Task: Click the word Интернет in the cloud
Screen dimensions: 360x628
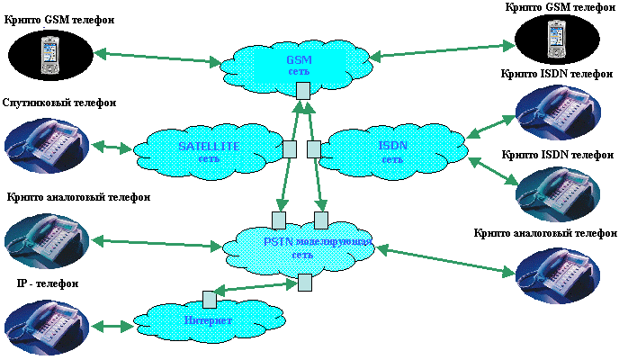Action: (x=208, y=320)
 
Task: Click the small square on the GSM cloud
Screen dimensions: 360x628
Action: (x=303, y=90)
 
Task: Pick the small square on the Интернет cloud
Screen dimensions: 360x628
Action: (x=209, y=298)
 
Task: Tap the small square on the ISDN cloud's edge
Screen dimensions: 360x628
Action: (x=314, y=148)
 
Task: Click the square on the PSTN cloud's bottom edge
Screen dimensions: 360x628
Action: (x=304, y=282)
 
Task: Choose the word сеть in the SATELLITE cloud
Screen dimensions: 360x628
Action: (x=209, y=159)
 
